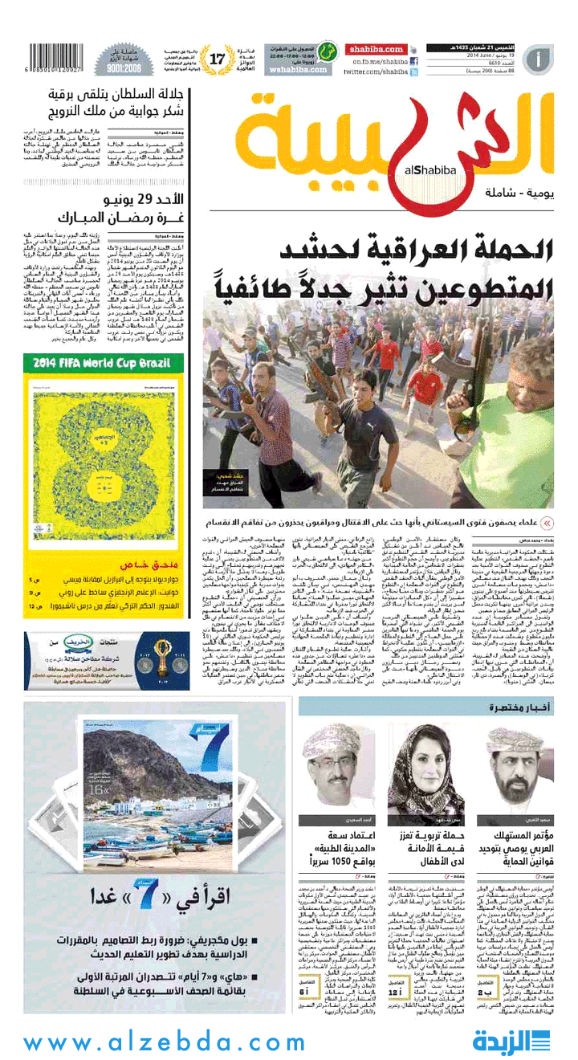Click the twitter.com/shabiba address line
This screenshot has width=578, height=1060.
pyautogui.click(x=376, y=71)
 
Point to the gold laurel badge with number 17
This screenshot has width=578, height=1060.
pyautogui.click(x=218, y=58)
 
